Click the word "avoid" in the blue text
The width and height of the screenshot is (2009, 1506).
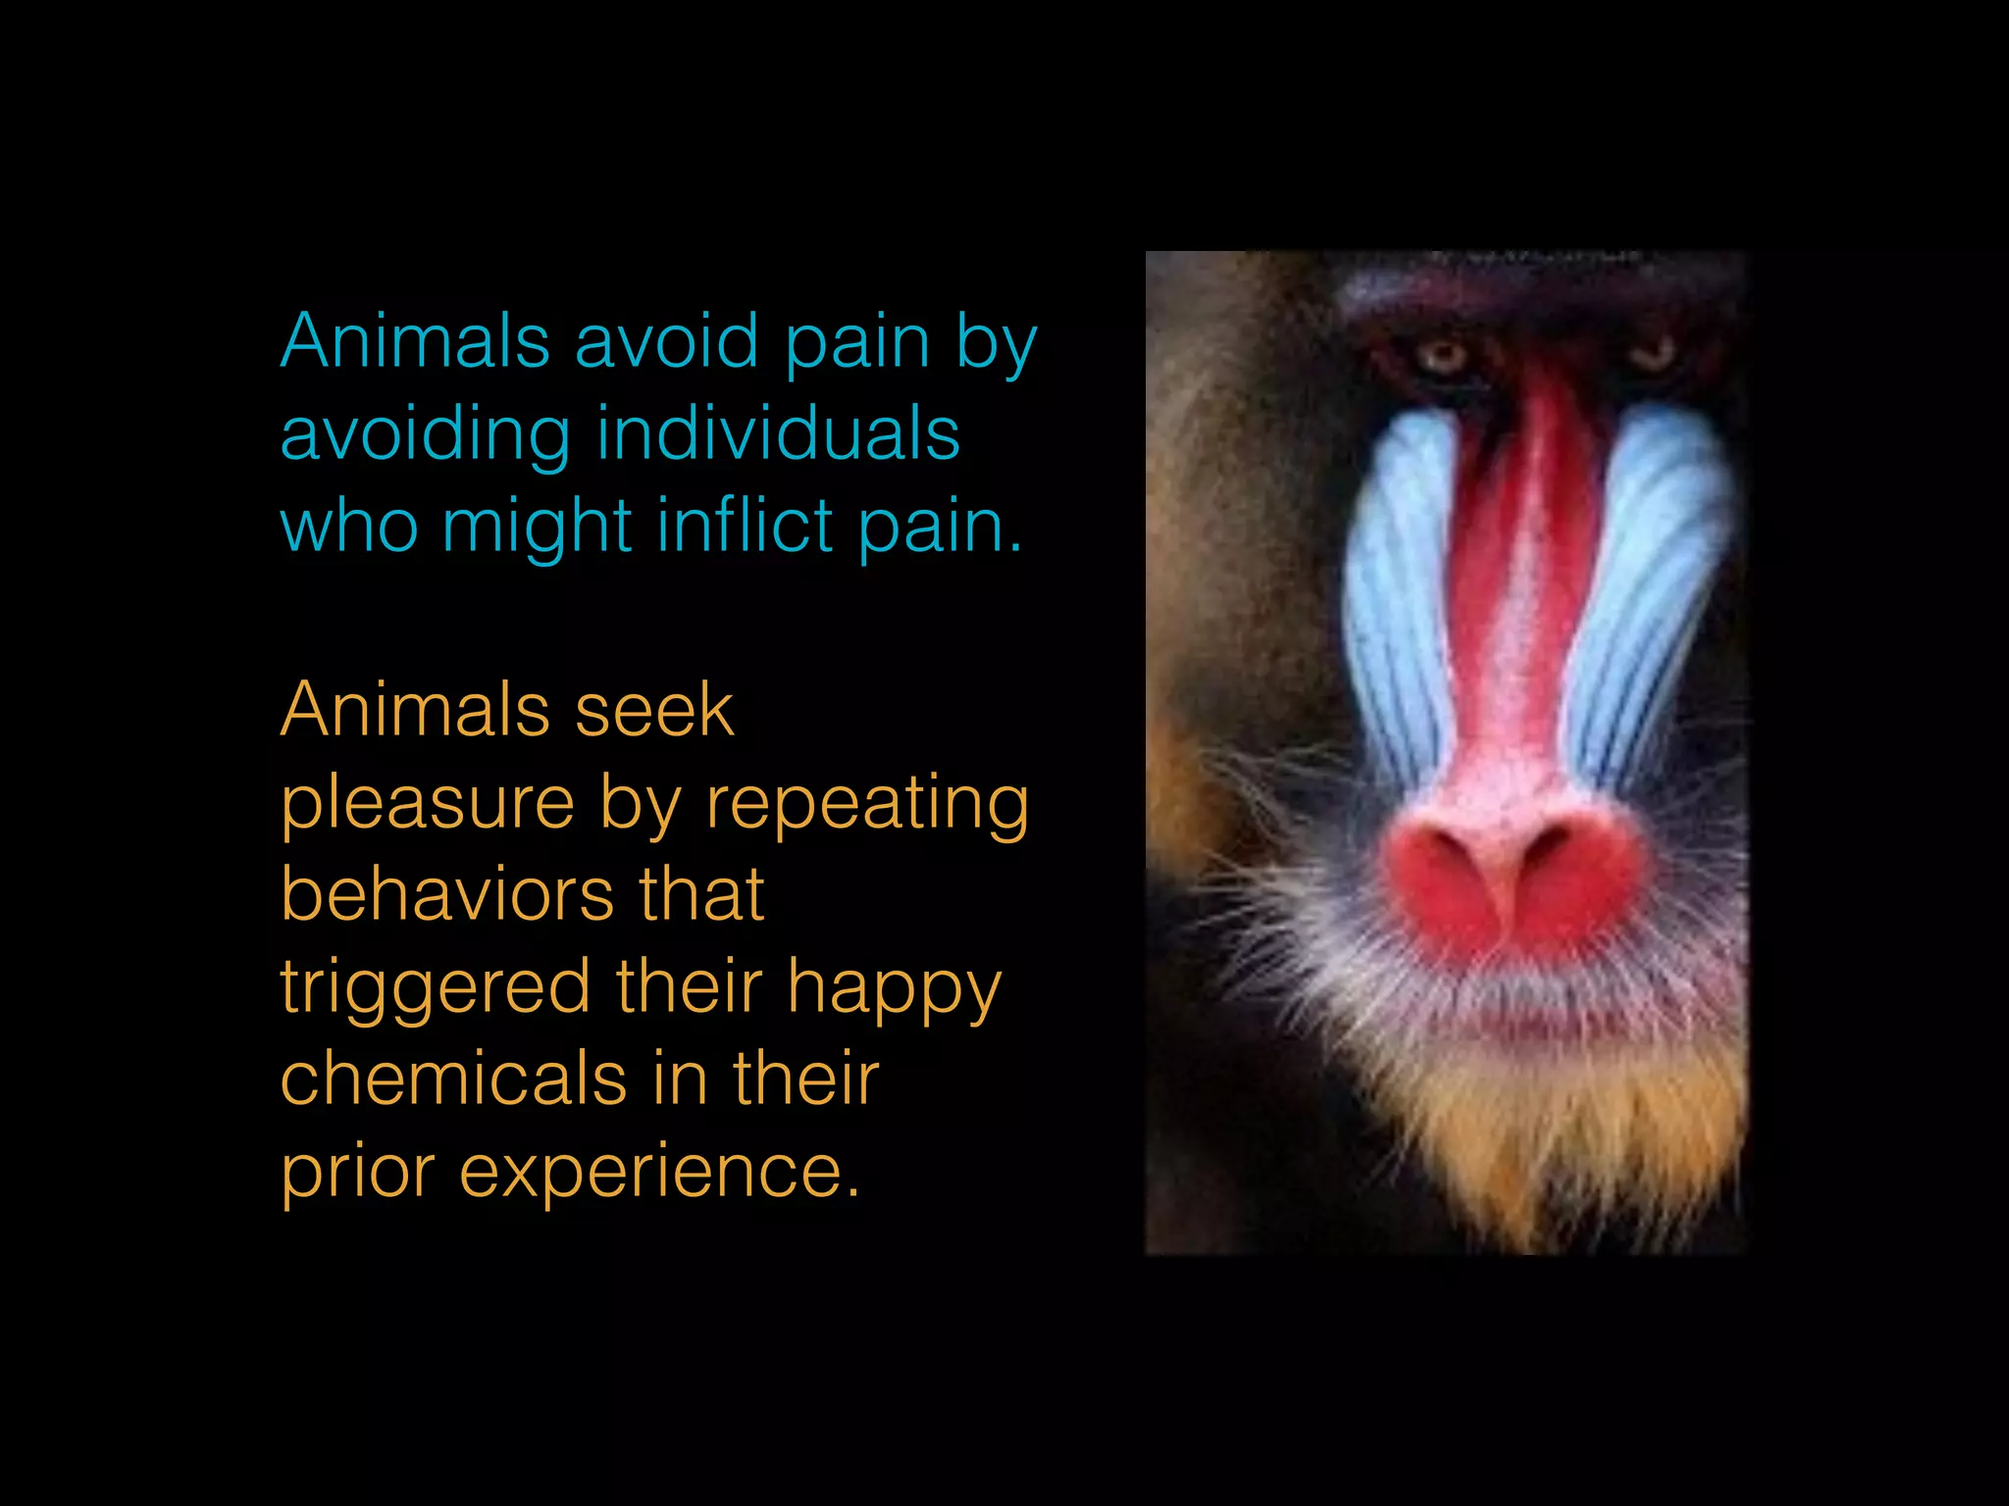tap(666, 342)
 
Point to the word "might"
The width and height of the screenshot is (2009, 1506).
tap(537, 527)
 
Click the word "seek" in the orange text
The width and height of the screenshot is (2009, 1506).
tap(654, 710)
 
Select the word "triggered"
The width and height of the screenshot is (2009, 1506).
tap(436, 988)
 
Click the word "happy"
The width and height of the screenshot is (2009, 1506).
tap(894, 988)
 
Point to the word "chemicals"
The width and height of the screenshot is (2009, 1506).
tap(453, 1079)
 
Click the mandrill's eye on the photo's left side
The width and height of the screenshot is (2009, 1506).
tap(1442, 355)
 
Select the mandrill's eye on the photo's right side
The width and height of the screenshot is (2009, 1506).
tap(1656, 351)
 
